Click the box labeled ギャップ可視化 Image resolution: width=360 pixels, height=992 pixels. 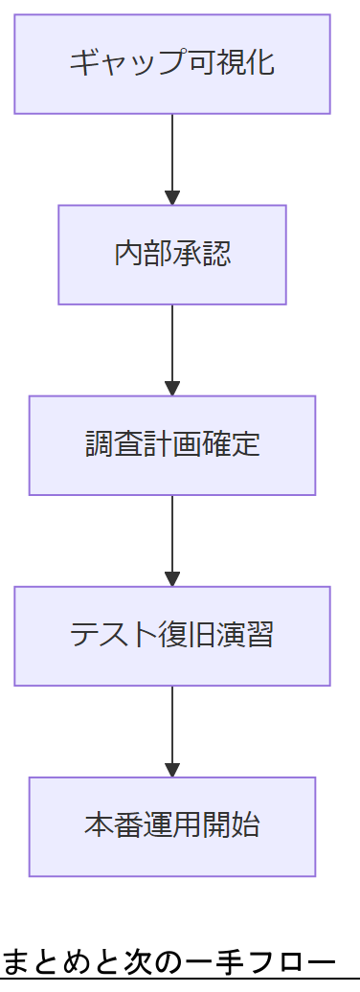click(x=172, y=64)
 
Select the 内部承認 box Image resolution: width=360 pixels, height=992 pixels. click(x=172, y=255)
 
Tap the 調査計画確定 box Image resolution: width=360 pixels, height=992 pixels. click(x=172, y=445)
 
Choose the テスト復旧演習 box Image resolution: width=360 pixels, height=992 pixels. click(x=172, y=636)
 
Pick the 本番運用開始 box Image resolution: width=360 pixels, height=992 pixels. click(x=172, y=826)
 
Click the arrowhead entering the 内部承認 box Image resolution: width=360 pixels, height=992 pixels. click(x=172, y=198)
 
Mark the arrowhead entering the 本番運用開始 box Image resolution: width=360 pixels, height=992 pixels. click(x=172, y=770)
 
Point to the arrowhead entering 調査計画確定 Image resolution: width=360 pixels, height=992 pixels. click(x=172, y=389)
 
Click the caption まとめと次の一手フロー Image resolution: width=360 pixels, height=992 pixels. click(x=169, y=961)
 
